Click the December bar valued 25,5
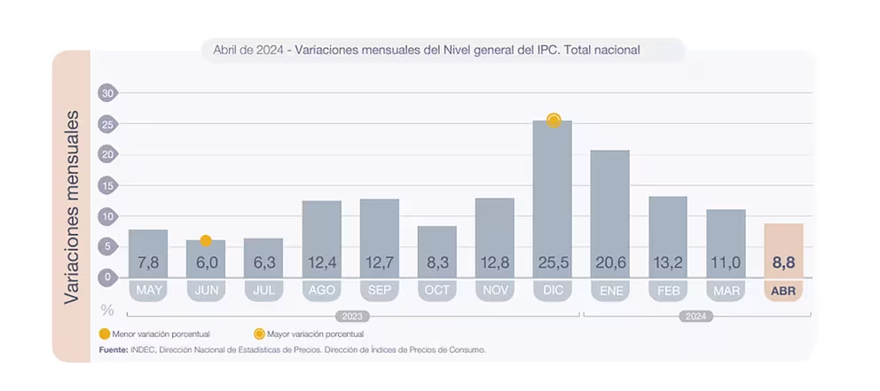[x=553, y=199]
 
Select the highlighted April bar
[x=783, y=250]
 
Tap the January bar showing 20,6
[x=610, y=214]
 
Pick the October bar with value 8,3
[x=436, y=252]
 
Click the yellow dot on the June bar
[x=206, y=240]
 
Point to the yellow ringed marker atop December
[x=554, y=120]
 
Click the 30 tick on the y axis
[x=106, y=93]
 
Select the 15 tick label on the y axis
[x=106, y=185]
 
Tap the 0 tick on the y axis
[x=106, y=278]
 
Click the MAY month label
[x=148, y=291]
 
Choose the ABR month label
[x=783, y=291]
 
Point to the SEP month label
[x=380, y=291]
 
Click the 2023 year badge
[x=352, y=317]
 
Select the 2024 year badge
[x=695, y=317]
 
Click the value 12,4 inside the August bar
[x=322, y=262]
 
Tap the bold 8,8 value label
[x=783, y=262]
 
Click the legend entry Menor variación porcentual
[x=154, y=334]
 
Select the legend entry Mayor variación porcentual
[x=309, y=334]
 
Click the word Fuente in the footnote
[x=114, y=350]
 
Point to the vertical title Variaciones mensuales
[x=71, y=207]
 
